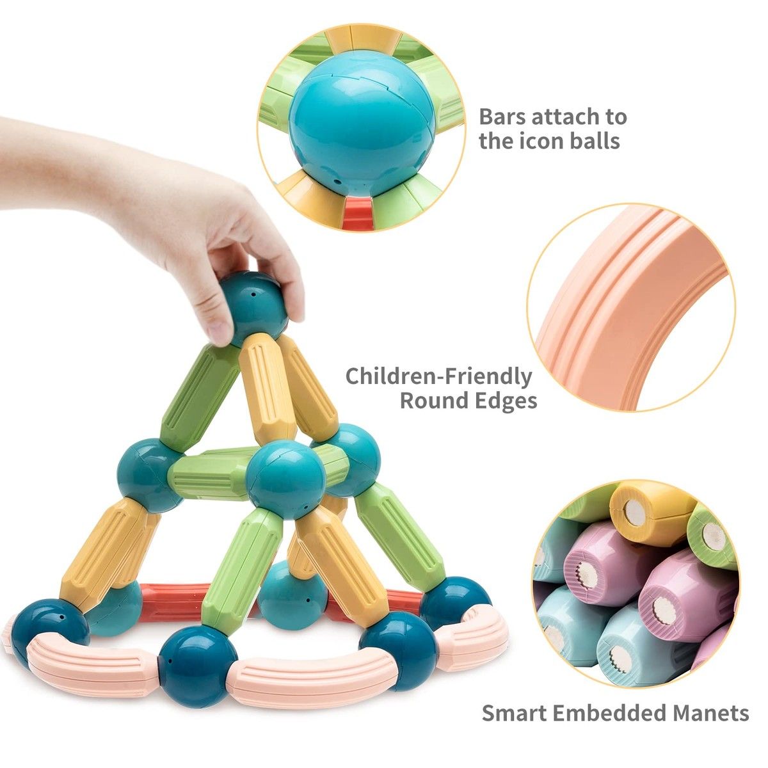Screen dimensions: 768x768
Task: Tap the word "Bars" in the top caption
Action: point(502,116)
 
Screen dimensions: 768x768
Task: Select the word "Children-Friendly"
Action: point(438,376)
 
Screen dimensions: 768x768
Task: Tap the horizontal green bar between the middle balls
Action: point(211,474)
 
